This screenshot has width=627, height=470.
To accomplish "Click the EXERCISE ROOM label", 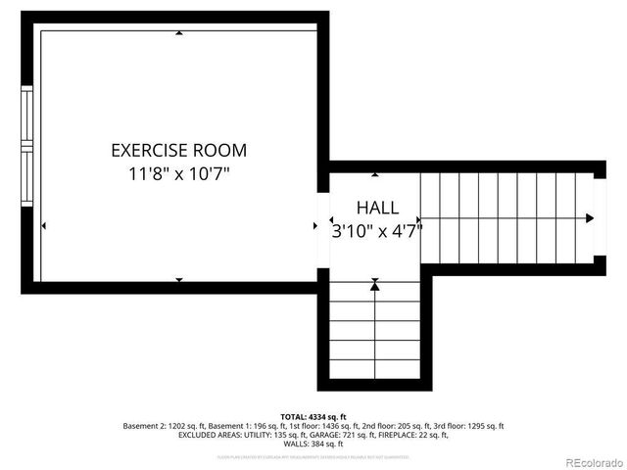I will tap(178, 151).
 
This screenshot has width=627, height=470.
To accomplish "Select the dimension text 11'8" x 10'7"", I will tap(178, 174).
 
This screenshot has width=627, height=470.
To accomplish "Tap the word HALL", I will tap(376, 208).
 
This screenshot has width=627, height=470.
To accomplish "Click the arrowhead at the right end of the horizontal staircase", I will tap(589, 218).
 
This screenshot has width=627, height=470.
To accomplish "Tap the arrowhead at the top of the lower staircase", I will tap(375, 285).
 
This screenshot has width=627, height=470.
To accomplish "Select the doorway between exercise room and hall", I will tap(323, 225).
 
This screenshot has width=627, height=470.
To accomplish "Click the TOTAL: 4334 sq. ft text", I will tap(313, 417).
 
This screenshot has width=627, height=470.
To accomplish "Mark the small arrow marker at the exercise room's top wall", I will tap(178, 33).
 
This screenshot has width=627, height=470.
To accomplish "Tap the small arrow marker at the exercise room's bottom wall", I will tap(178, 280).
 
